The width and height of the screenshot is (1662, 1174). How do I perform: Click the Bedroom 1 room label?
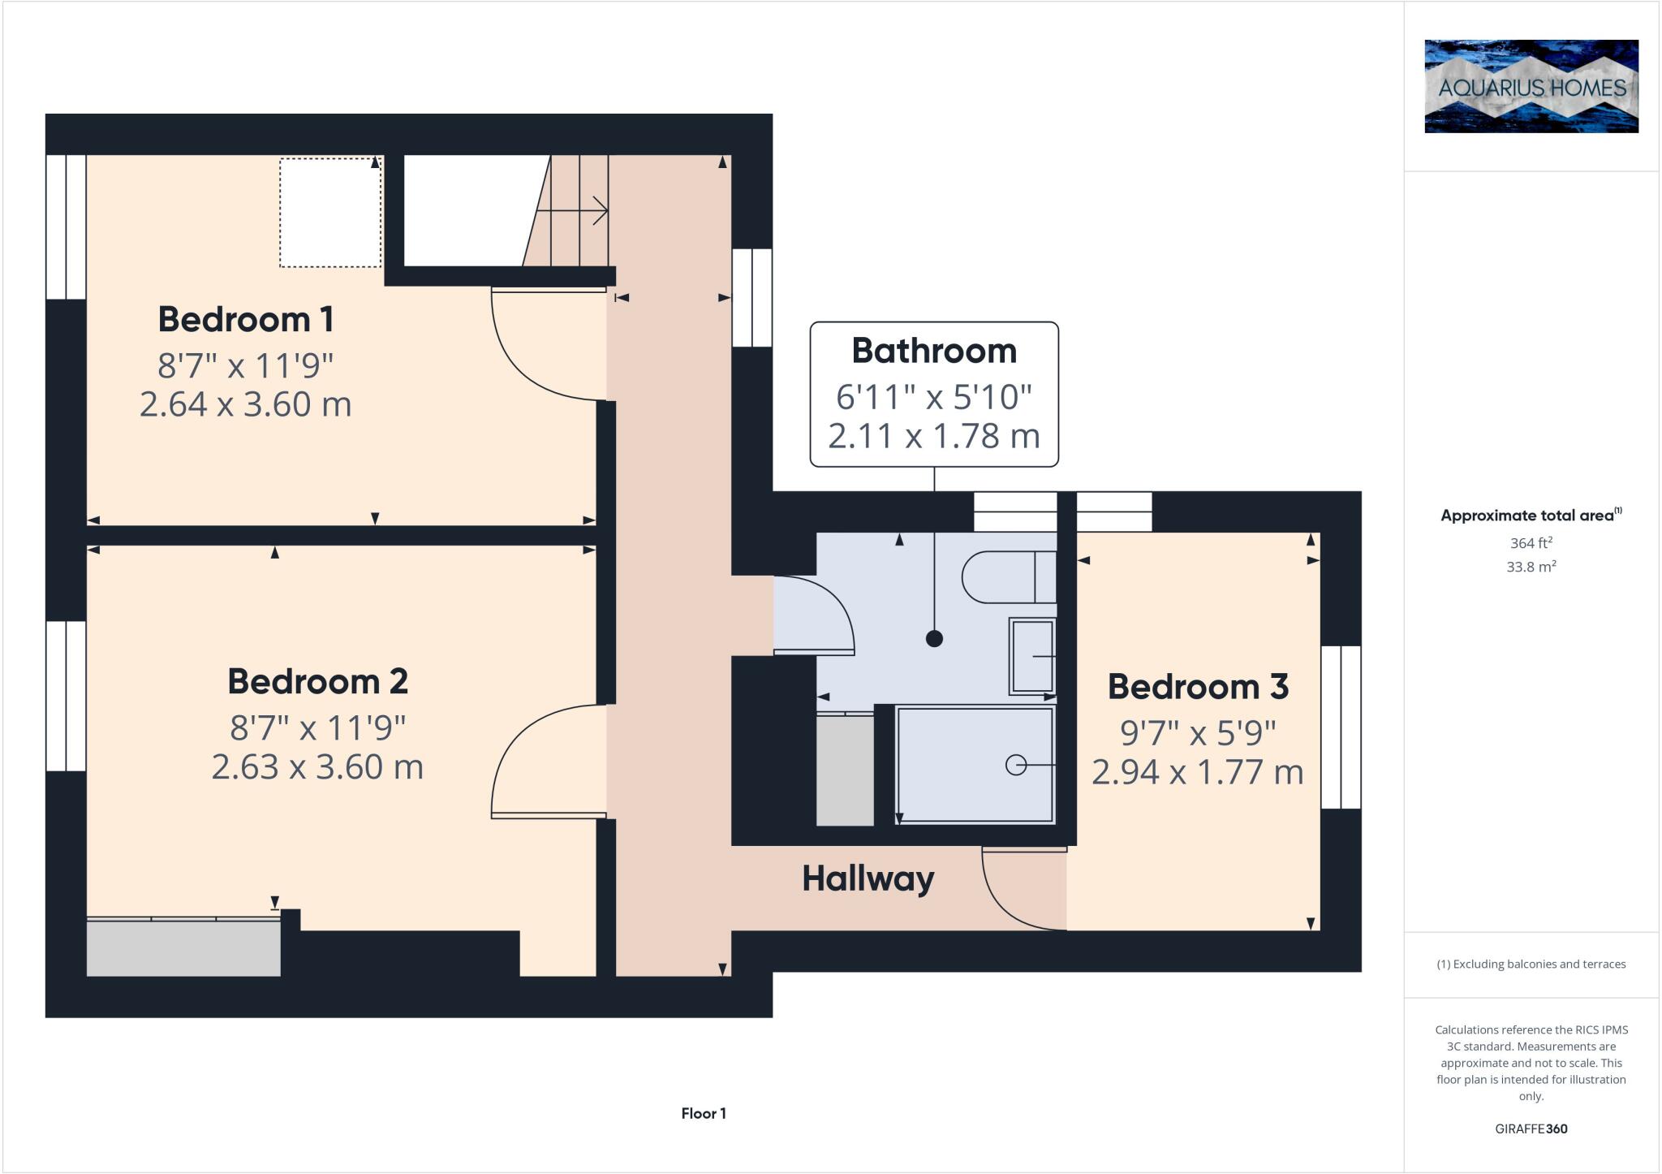(x=245, y=319)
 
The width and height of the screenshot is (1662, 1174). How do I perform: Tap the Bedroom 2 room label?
(x=317, y=681)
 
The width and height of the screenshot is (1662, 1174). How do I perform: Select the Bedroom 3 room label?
(x=1198, y=687)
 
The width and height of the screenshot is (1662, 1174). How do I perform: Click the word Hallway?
(x=868, y=878)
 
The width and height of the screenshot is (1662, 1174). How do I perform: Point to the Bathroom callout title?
(x=934, y=351)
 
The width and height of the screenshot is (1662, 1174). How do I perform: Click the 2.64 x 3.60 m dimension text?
(x=245, y=404)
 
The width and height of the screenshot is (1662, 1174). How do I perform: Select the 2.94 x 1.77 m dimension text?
(x=1197, y=772)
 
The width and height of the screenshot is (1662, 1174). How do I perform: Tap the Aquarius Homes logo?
(x=1531, y=86)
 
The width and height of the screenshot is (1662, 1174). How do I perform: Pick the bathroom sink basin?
(x=1031, y=656)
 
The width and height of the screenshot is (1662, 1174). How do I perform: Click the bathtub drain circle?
(x=1015, y=765)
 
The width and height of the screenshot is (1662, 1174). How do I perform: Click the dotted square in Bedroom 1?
(x=330, y=212)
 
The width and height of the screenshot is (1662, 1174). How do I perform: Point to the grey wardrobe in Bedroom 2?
(x=183, y=947)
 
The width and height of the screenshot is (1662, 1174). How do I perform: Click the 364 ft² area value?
(x=1530, y=543)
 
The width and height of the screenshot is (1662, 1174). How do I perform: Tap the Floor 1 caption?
(x=704, y=1113)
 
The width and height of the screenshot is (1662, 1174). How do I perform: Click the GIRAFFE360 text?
(x=1531, y=1129)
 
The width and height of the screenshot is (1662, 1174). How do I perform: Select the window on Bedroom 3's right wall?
(x=1340, y=727)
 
